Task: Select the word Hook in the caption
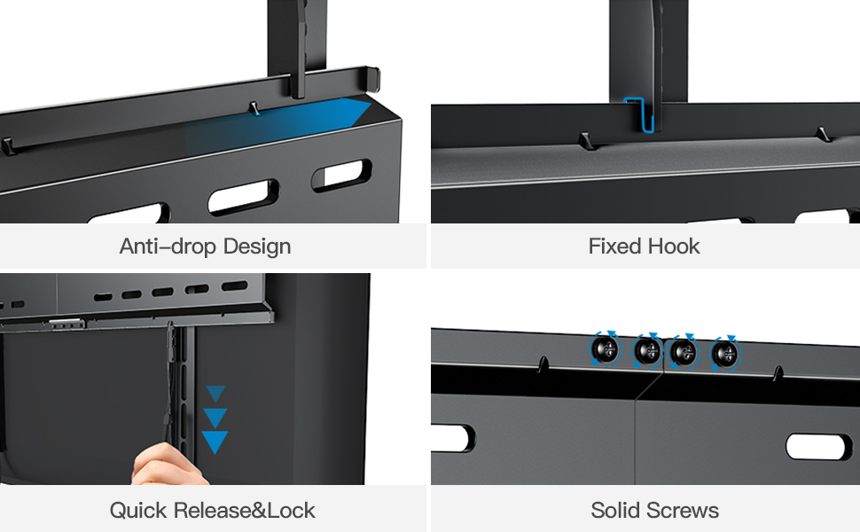(672, 246)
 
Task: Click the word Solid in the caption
(617, 511)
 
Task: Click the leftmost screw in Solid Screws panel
(605, 349)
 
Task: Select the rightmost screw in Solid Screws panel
(726, 354)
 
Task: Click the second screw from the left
(647, 351)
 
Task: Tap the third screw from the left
(683, 352)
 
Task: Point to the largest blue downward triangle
(215, 441)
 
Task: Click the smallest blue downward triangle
(215, 394)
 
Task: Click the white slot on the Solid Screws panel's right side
(817, 446)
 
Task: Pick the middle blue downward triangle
(215, 417)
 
